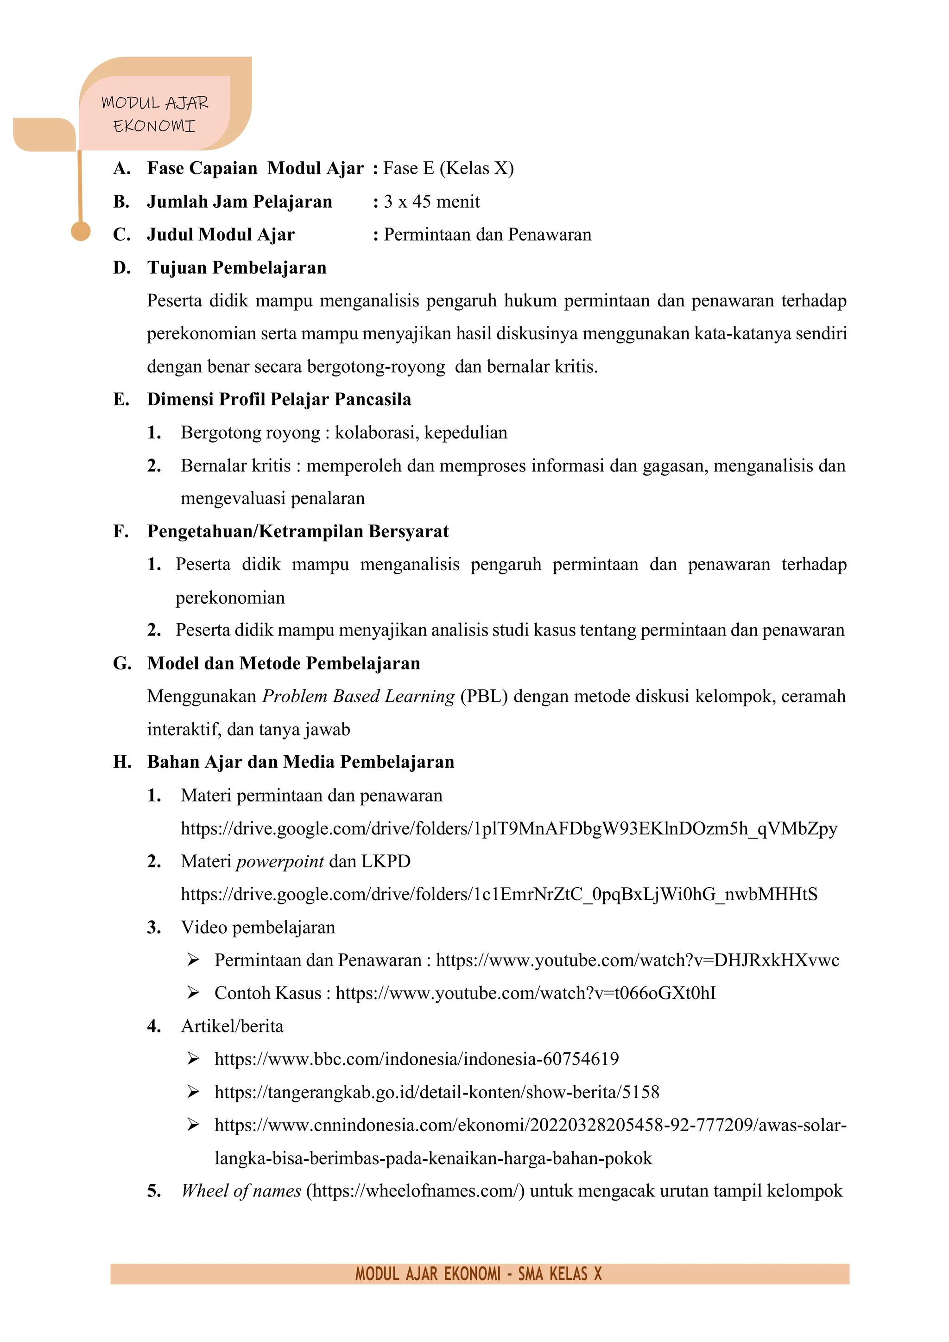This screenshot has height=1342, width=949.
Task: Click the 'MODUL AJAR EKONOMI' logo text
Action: pos(154,114)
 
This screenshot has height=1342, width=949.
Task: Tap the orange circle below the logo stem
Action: pos(81,231)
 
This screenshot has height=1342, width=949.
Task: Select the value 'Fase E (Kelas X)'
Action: pos(448,168)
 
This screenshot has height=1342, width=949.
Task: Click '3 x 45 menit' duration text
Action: pos(431,202)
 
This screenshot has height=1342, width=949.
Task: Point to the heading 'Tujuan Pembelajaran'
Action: pos(237,267)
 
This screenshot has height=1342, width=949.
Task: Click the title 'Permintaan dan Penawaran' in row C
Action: pos(487,235)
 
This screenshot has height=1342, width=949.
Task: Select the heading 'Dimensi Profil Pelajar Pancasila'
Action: pos(279,399)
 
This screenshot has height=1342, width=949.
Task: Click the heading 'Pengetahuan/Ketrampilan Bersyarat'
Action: pos(297,531)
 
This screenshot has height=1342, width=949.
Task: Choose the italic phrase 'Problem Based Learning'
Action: pos(358,696)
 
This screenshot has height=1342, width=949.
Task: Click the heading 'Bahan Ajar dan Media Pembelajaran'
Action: pos(300,762)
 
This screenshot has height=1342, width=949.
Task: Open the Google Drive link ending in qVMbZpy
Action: pos(508,828)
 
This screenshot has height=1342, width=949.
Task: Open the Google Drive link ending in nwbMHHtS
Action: pos(499,894)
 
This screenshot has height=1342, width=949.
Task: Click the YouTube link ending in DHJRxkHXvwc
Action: pos(637,960)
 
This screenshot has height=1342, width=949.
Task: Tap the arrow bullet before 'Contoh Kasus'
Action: pos(193,993)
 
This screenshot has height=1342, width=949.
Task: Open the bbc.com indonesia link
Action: pos(416,1059)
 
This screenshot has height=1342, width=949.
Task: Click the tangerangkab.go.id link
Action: pos(437,1092)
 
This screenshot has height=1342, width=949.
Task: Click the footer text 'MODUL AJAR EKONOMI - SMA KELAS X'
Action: pos(478,1273)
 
